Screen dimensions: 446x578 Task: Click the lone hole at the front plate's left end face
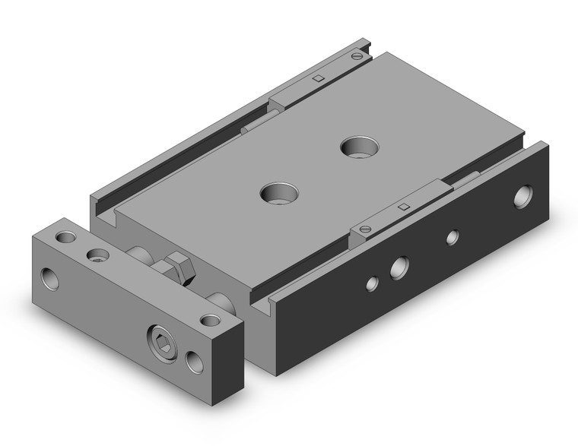[x=52, y=279]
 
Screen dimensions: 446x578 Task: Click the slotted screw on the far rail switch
[x=357, y=55]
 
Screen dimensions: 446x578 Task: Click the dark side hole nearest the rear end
[x=523, y=196]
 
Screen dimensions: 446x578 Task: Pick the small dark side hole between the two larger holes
[x=452, y=238]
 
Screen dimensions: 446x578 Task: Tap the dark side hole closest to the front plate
[x=372, y=284]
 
